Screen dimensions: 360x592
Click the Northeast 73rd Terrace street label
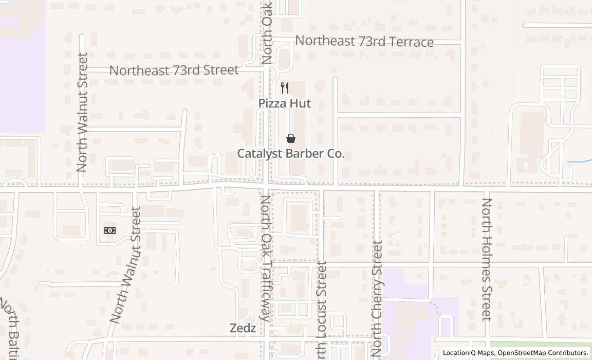coord(364,42)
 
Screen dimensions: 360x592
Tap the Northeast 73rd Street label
coord(174,70)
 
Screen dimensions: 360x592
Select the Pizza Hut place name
coord(284,103)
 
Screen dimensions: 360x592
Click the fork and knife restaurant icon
coord(285,88)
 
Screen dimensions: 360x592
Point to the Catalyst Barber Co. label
coord(291,154)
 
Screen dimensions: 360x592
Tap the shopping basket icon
coord(291,138)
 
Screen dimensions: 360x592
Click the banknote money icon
coord(110,230)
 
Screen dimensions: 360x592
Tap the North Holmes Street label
coord(487,259)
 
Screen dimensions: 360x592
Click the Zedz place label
coord(243,328)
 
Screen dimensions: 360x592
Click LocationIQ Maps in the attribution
coord(468,353)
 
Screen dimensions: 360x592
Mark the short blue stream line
coord(580,162)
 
